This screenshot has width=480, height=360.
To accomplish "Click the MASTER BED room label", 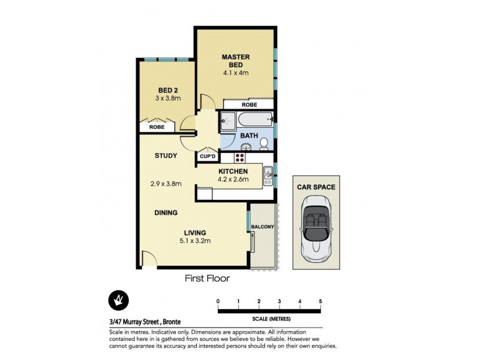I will click(x=235, y=61).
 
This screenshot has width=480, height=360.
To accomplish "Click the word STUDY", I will click(x=166, y=156).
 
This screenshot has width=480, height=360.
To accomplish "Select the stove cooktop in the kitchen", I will click(x=239, y=158).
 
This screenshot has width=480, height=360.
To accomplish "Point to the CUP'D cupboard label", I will click(x=208, y=157).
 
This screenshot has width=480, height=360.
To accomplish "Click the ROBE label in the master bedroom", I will click(x=249, y=104).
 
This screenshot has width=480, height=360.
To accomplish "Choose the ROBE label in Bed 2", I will click(x=157, y=127).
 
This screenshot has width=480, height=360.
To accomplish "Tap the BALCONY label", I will click(x=263, y=226).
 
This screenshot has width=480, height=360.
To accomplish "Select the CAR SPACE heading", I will click(x=316, y=187).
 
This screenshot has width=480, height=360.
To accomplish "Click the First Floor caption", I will click(x=207, y=278).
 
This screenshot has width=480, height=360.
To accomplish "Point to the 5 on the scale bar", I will click(x=320, y=301).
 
